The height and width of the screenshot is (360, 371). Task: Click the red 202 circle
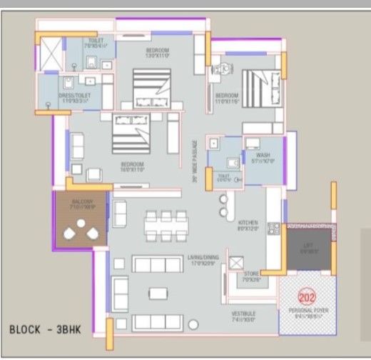point(308,298)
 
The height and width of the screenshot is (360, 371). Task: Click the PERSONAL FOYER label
point(307,311)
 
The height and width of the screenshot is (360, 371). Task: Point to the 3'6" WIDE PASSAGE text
point(194,161)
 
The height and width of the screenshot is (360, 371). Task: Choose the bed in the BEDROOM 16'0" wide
point(133,131)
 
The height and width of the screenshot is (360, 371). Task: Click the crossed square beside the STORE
point(235,261)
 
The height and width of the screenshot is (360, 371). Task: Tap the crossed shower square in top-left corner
point(51,54)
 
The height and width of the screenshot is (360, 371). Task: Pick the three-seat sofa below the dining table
point(154,265)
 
